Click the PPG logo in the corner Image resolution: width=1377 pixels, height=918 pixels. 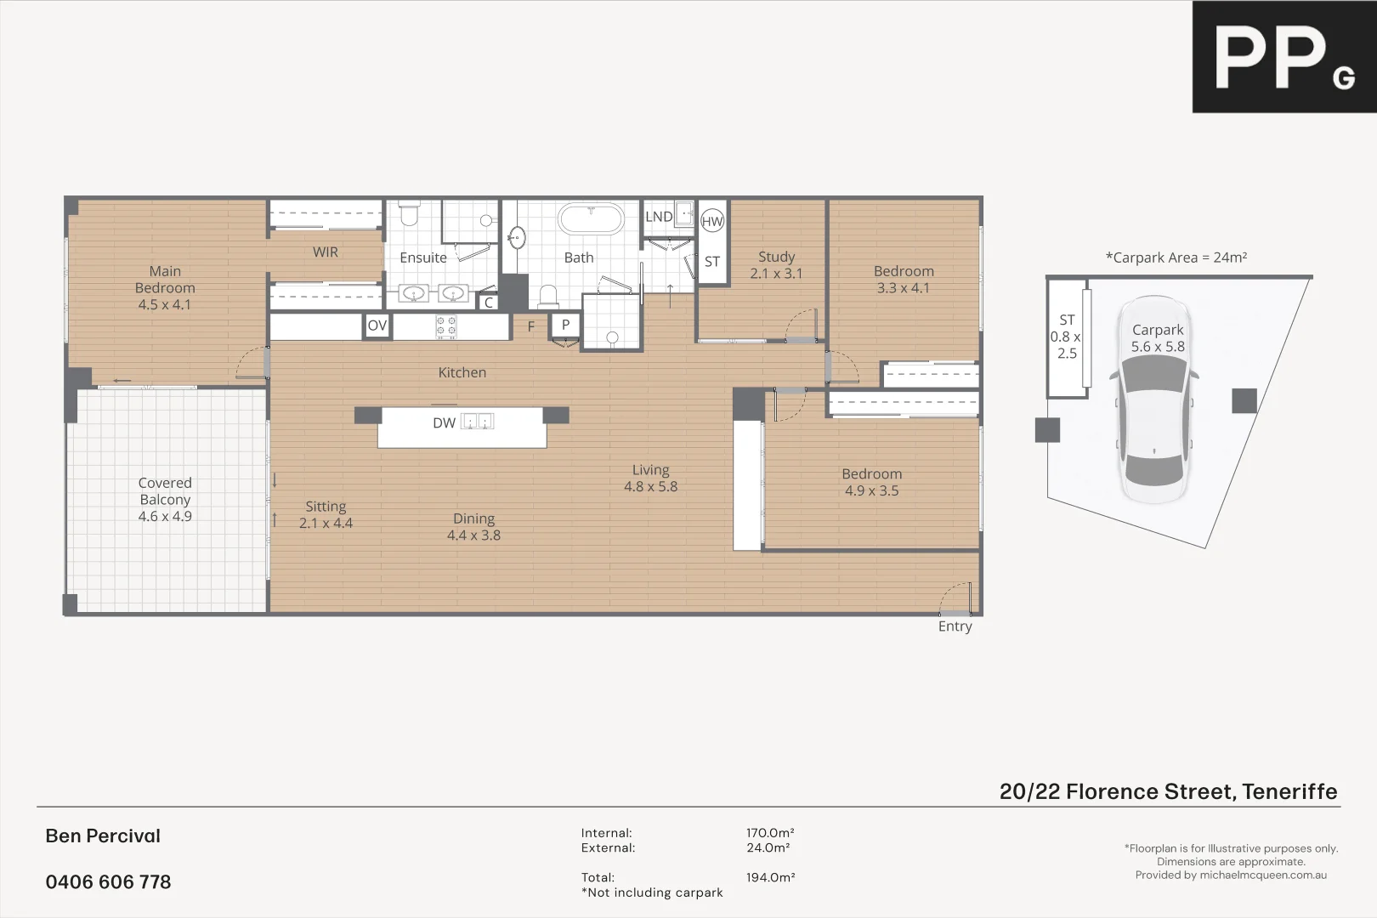pos(1283,57)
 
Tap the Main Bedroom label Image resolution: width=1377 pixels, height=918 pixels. pos(165,287)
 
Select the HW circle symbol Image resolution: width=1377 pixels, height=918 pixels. pos(712,222)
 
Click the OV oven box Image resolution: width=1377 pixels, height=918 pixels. pos(377,326)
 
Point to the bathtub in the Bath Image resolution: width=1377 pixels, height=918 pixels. pos(591,219)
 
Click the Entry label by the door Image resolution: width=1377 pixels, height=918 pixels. pos(955,626)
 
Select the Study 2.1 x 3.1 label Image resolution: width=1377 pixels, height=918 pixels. pos(776,264)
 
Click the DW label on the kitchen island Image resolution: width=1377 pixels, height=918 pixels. pos(444,422)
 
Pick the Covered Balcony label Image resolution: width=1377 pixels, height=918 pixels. pos(165,499)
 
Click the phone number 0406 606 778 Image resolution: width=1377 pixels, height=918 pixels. pos(108,882)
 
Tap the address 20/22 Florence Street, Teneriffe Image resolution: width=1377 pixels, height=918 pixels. pos(1168,791)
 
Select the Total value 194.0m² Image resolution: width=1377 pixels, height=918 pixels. pos(770,877)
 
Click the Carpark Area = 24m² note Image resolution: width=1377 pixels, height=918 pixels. pos(1176,258)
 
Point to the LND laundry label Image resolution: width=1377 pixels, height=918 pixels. pos(659,217)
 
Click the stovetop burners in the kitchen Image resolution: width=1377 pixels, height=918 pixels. pos(446,326)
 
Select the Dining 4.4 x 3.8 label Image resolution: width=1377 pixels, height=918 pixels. pos(473,526)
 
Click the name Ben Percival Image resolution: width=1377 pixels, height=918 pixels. pos(103,836)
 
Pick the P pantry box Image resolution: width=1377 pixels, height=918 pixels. pos(565,325)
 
